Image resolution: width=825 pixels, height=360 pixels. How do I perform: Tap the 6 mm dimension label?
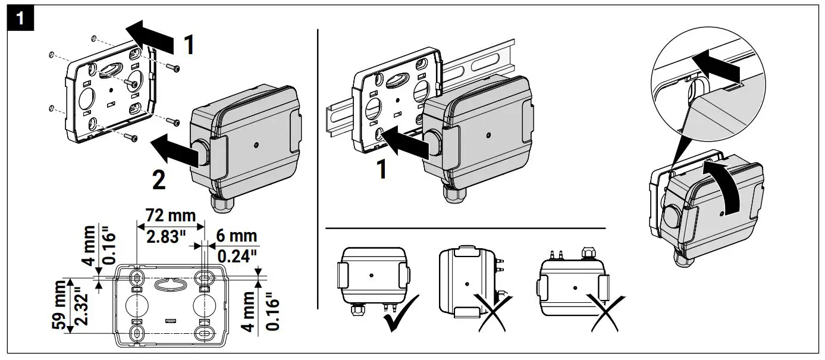coord(236,236)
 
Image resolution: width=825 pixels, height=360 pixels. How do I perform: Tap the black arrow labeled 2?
coord(173,151)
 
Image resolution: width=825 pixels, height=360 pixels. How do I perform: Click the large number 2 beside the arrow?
coord(159,180)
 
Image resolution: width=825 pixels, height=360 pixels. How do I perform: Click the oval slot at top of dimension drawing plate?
coord(170,284)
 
